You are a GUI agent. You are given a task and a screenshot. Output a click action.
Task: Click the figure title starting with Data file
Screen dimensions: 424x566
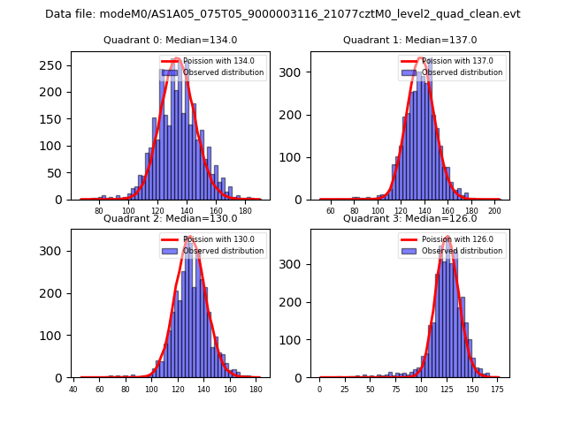pyautogui.click(x=283, y=14)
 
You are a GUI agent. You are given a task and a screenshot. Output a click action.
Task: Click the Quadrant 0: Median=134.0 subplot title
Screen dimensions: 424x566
pyautogui.click(x=171, y=40)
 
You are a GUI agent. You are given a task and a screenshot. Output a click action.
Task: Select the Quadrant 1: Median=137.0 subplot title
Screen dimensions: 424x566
pyautogui.click(x=409, y=40)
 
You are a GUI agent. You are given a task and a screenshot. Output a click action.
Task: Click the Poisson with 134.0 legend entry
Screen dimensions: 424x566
pyautogui.click(x=212, y=61)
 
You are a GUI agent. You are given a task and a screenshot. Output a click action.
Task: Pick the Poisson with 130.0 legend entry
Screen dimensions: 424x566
pyautogui.click(x=212, y=239)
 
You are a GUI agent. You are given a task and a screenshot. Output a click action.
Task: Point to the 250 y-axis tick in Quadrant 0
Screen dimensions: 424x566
pyautogui.click(x=55, y=65)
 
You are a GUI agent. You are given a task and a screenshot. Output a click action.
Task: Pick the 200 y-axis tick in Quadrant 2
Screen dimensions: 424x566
pyautogui.click(x=55, y=293)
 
